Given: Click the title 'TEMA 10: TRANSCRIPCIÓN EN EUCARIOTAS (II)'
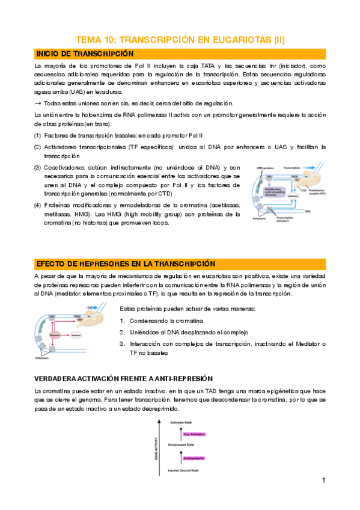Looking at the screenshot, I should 179,40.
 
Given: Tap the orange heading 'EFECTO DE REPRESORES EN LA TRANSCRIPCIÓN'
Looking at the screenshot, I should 125,263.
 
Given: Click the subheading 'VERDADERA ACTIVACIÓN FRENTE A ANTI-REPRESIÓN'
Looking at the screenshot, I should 123,378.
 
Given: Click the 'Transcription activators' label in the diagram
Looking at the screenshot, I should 285,219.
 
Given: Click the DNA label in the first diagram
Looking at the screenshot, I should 307,212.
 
